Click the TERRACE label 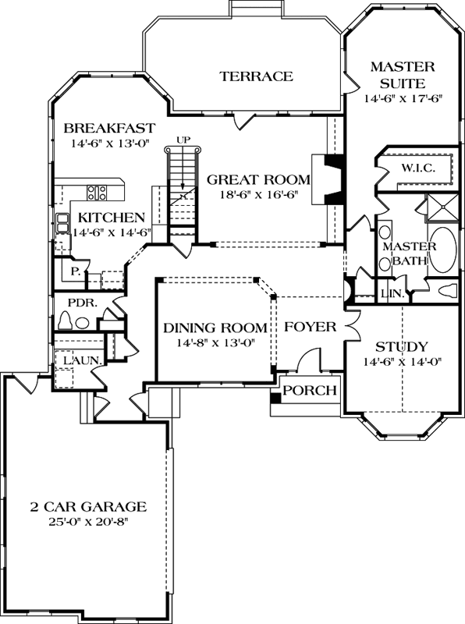click(x=256, y=76)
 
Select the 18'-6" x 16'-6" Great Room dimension click(x=257, y=198)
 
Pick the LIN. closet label click(x=392, y=294)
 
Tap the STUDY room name click(x=402, y=346)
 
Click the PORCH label click(x=310, y=391)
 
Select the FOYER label click(x=310, y=327)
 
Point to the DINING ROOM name click(x=215, y=328)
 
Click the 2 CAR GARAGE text click(x=87, y=505)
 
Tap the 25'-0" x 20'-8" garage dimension click(x=87, y=522)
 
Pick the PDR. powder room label click(x=81, y=302)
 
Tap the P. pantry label click(x=76, y=272)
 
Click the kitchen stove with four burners click(x=97, y=192)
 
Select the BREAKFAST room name click(x=109, y=128)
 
